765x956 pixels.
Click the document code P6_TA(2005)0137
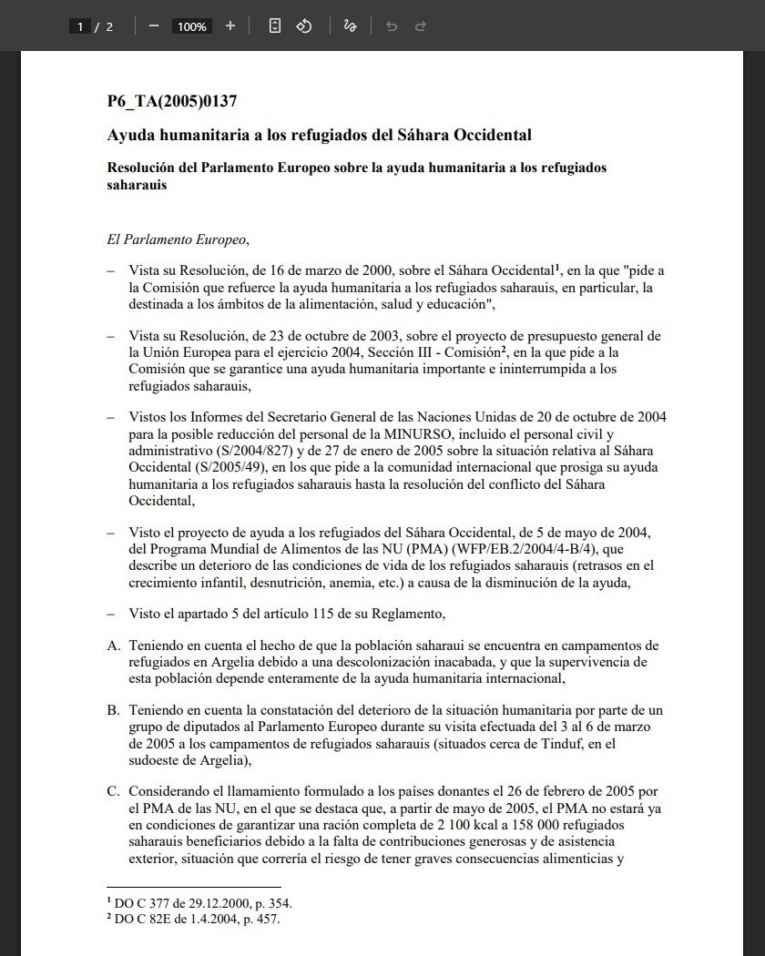pos(172,101)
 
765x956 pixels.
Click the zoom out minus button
pos(153,26)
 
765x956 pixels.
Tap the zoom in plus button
pos(230,26)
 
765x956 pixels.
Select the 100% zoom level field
pos(191,26)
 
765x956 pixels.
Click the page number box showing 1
pos(80,26)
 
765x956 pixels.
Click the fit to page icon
pos(274,26)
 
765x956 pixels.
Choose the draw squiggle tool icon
pos(350,26)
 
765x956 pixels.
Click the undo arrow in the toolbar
pos(392,26)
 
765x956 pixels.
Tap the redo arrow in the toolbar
pos(421,26)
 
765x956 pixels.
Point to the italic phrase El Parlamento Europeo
pos(178,240)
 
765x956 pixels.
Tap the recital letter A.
pos(113,646)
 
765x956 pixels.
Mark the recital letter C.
pos(113,793)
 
